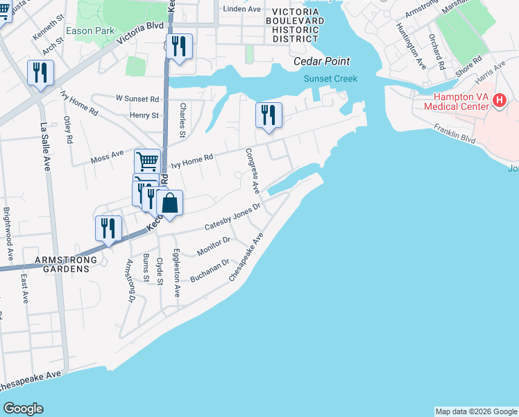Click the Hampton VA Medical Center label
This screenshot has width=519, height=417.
(459, 101)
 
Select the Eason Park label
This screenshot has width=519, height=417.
(90, 31)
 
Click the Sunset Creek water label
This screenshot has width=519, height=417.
(330, 79)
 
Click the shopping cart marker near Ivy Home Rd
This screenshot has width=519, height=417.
(147, 162)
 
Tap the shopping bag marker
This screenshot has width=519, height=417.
(169, 204)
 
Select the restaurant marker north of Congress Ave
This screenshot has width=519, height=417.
(268, 115)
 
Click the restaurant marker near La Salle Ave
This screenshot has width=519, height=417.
(40, 73)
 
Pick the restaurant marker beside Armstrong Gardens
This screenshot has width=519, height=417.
(108, 229)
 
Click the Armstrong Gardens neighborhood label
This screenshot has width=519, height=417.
(63, 265)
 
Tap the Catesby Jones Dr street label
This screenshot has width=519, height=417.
(232, 218)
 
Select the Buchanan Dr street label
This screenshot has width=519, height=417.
(210, 271)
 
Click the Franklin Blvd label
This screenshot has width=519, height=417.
(454, 134)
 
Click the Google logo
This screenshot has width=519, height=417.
(23, 409)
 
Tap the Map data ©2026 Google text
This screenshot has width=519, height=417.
(475, 411)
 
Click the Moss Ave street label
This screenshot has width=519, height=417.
(107, 157)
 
